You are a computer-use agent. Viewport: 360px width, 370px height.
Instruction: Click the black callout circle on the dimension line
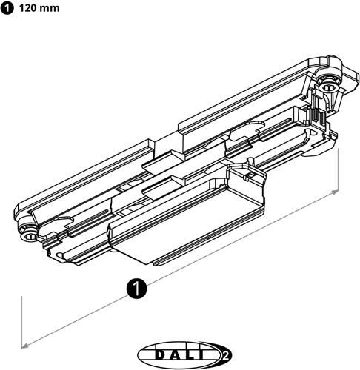click(136, 287)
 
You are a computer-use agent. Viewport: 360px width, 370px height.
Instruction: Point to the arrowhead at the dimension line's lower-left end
click(26, 344)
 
